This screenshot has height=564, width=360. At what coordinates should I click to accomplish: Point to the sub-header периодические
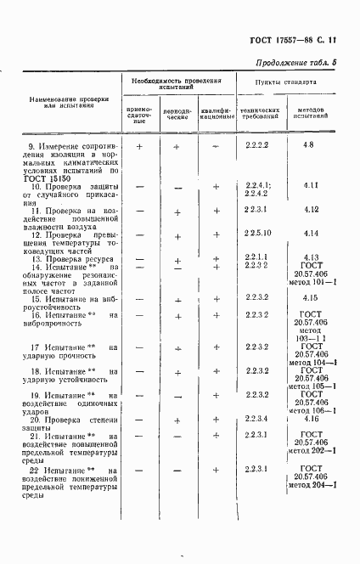pos(177,116)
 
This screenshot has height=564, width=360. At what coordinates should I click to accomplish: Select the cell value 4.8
pos(307,147)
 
